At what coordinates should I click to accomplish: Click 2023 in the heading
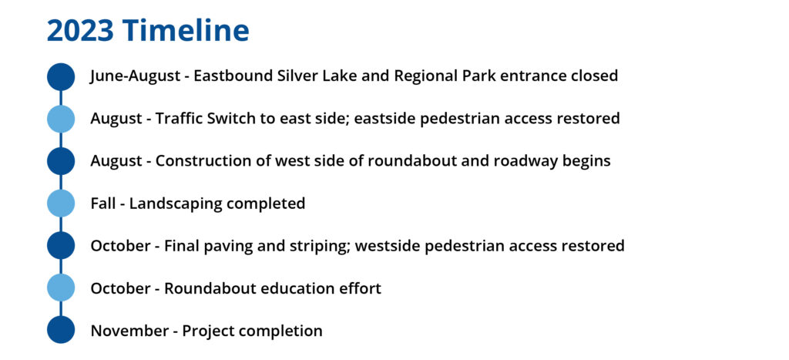pyautogui.click(x=80, y=30)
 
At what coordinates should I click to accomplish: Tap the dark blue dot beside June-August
pyautogui.click(x=61, y=76)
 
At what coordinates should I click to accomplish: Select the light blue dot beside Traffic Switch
pyautogui.click(x=61, y=119)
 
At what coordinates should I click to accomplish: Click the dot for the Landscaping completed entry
pyautogui.click(x=61, y=204)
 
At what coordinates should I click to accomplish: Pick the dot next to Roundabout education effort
pyautogui.click(x=61, y=288)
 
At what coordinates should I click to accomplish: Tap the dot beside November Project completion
pyautogui.click(x=61, y=331)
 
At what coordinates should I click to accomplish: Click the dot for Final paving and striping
pyautogui.click(x=61, y=246)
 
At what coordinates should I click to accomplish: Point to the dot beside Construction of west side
pyautogui.click(x=61, y=161)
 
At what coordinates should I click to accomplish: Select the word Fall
pyautogui.click(x=103, y=204)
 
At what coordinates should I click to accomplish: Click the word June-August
pyautogui.click(x=136, y=76)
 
